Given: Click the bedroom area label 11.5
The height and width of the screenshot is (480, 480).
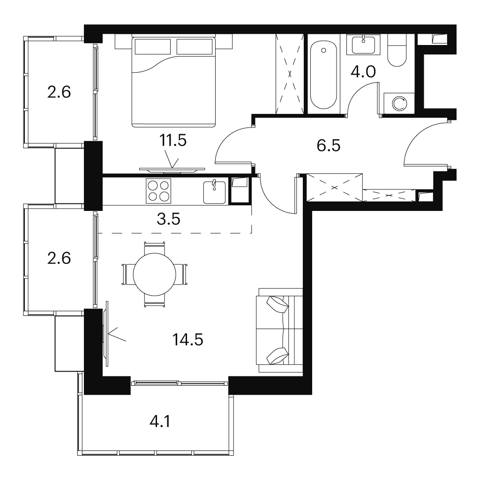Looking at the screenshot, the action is [173, 141].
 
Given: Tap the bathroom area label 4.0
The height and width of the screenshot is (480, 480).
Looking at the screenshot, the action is [363, 72].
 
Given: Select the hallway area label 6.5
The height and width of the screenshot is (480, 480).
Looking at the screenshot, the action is [329, 145].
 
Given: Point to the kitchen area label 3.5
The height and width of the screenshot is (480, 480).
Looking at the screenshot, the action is [168, 219].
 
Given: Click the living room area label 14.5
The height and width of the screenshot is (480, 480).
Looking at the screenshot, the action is [187, 339].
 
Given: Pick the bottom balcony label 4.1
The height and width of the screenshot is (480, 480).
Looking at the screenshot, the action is [160, 422].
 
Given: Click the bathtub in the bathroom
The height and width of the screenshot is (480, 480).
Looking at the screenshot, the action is [323, 75].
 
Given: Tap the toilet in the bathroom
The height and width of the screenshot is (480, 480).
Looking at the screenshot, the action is [397, 50].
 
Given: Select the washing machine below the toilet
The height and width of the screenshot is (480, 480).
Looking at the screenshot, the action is [399, 103].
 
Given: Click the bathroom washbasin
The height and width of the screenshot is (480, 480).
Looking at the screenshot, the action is [363, 45].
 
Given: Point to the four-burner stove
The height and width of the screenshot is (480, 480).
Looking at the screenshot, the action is [158, 191].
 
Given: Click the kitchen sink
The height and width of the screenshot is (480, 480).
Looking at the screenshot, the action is [214, 192].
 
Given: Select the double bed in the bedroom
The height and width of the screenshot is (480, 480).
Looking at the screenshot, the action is [173, 82].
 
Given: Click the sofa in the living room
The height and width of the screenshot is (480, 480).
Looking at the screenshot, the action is [280, 330].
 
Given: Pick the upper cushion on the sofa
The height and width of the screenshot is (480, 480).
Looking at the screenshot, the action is [277, 304].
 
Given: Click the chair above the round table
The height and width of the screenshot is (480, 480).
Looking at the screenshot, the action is [155, 247].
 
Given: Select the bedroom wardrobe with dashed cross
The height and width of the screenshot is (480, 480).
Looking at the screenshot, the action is [290, 74].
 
